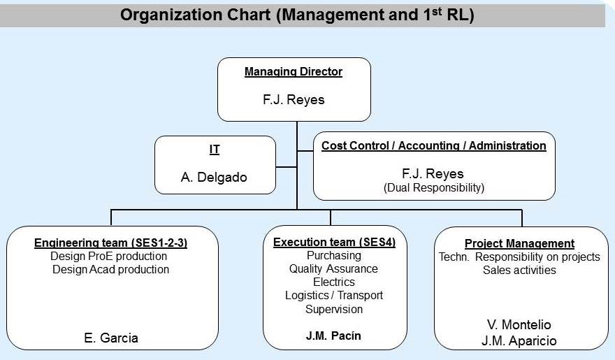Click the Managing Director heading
coord(294,72)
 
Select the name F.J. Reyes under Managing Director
coord(294,99)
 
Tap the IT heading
coord(215,150)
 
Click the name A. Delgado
coord(214,178)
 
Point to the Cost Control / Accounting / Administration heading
coord(434,146)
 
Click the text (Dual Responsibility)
coord(434,188)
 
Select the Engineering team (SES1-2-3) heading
coord(110,243)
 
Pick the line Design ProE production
coord(108,256)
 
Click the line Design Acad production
coord(110,269)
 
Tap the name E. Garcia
coord(111,338)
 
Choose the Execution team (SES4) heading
coord(334,243)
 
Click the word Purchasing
coord(334,255)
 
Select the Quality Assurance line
coord(333,268)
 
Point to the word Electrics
coord(334,282)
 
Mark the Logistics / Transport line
coord(334,295)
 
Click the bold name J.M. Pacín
coord(333,336)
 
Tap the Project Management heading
coord(519,243)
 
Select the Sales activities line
coord(519,271)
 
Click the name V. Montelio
coord(519,325)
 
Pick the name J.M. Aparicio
coord(519,341)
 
